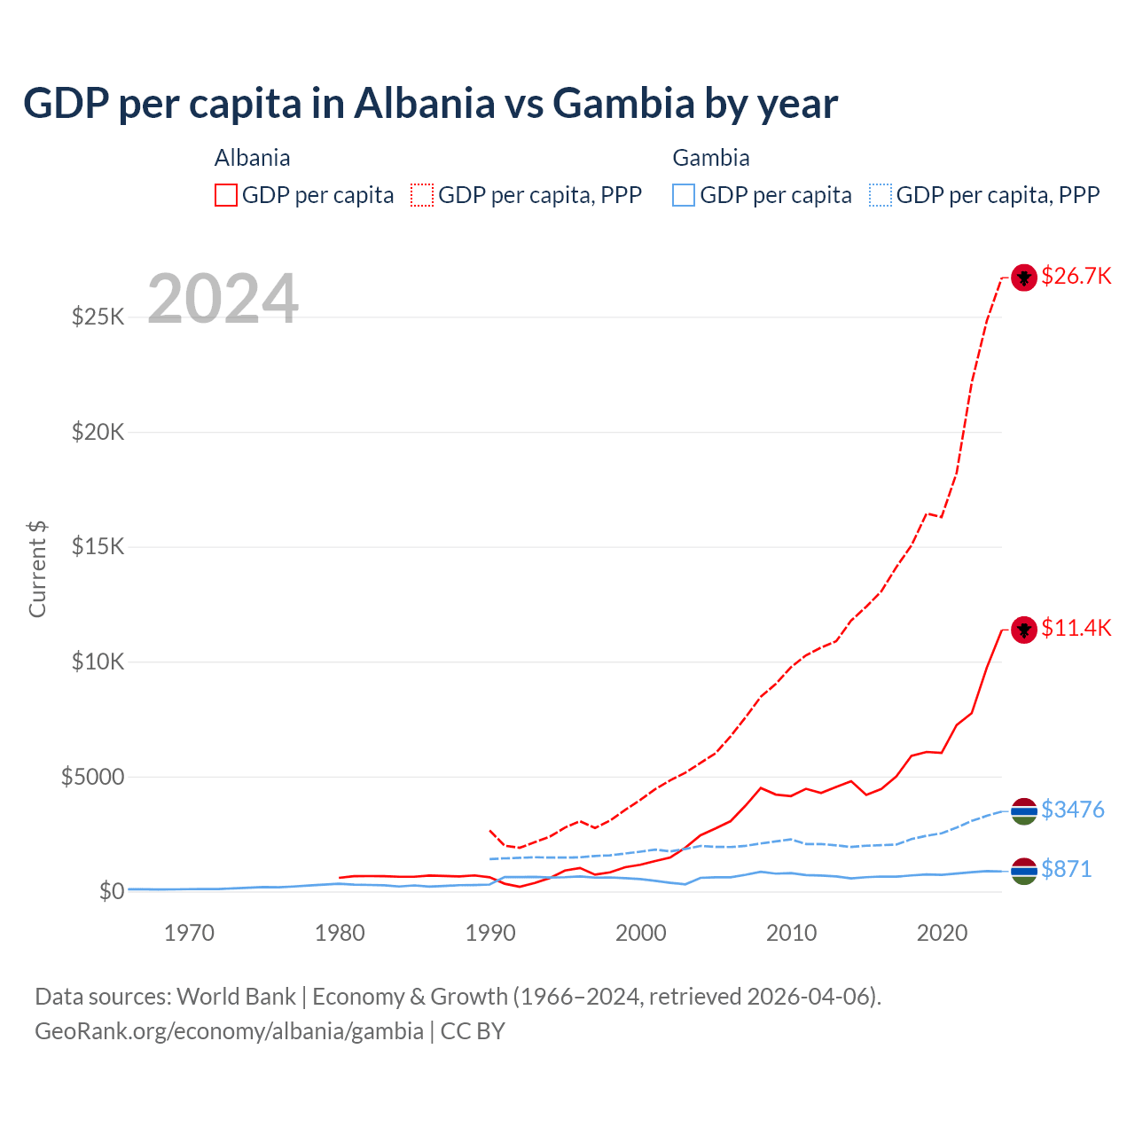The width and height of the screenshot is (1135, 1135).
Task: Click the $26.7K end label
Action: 1076,276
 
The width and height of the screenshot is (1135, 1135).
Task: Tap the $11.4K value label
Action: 1076,628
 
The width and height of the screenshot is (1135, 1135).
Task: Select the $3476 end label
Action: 1072,810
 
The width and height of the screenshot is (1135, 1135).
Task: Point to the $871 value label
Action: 1066,869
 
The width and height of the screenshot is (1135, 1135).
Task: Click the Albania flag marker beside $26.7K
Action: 1024,278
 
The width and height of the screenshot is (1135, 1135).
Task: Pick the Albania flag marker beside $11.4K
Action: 1024,630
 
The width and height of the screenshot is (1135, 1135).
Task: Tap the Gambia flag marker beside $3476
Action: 1024,810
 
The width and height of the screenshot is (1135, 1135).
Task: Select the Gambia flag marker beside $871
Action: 1024,871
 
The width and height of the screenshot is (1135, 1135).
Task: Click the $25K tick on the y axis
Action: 98,317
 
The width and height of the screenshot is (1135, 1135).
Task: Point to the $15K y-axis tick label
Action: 98,546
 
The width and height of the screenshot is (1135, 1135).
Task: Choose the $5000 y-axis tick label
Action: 92,777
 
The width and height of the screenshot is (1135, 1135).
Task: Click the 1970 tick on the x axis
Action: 190,933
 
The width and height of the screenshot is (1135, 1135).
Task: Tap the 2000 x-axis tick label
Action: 641,933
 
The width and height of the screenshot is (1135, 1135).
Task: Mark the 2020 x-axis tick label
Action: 942,933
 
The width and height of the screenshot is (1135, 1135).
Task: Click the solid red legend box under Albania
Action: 226,195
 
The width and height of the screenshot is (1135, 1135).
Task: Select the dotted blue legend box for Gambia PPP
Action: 881,195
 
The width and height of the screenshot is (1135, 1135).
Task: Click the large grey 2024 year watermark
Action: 223,299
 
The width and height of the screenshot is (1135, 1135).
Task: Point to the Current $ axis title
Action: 37,569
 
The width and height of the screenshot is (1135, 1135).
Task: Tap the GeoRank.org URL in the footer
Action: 229,1031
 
